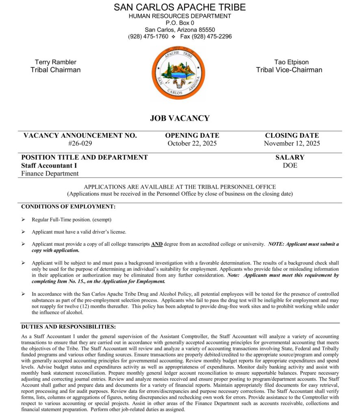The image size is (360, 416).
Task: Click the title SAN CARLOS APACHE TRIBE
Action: (x=180, y=7)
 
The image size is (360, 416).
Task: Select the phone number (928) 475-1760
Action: (x=148, y=37)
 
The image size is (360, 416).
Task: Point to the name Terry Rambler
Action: (x=55, y=62)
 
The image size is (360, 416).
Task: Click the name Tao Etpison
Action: (x=291, y=62)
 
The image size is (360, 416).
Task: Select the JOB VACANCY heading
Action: (x=180, y=119)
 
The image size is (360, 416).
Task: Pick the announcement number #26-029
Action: (x=80, y=143)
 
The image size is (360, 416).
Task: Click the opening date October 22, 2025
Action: (x=192, y=143)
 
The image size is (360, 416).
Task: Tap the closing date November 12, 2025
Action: (x=292, y=143)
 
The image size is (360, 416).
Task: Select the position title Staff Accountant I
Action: (x=49, y=166)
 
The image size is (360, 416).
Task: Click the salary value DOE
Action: (x=290, y=166)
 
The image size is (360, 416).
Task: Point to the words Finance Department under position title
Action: (x=50, y=174)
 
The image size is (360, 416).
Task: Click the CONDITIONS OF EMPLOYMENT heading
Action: (x=68, y=207)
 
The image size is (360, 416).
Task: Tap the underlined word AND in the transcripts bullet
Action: (x=157, y=245)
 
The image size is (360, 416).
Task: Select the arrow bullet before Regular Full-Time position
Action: (x=23, y=220)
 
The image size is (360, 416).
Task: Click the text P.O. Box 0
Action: (x=180, y=23)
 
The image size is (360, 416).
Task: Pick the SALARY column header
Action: (x=290, y=158)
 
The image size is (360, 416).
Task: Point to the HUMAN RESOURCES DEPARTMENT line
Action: (x=180, y=16)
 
